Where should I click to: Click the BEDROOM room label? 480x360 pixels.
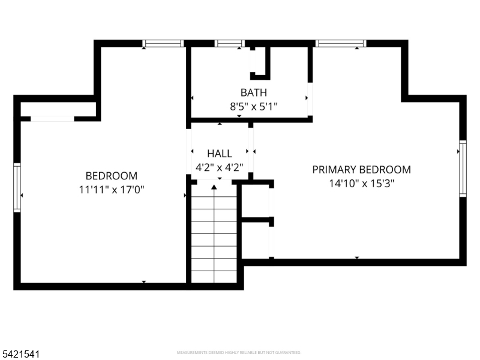[111, 176]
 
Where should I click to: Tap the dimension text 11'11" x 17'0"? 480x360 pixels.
[111, 189]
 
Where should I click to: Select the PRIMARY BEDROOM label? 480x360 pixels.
[361, 170]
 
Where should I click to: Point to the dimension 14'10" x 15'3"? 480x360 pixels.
[361, 183]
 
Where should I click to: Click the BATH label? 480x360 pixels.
[253, 92]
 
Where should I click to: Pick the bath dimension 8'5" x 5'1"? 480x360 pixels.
[253, 106]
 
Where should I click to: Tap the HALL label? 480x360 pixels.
[220, 154]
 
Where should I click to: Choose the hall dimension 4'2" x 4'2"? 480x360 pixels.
[220, 166]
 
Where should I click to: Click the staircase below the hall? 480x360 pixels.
[214, 240]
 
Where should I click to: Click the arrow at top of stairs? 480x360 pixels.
[214, 188]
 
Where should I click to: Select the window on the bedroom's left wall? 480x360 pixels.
[17, 188]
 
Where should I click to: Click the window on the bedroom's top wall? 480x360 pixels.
[163, 43]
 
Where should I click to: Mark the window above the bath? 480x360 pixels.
[229, 43]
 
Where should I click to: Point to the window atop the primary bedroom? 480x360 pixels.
[341, 43]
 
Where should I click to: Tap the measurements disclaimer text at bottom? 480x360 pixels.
[239, 353]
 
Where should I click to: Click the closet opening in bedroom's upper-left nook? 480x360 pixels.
[52, 119]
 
